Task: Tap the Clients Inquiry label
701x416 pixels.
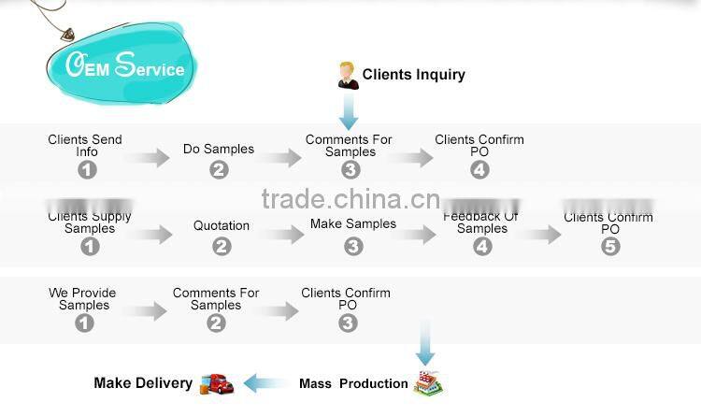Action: coord(413,75)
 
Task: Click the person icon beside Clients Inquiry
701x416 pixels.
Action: coord(348,75)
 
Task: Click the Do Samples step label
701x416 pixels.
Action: coord(218,149)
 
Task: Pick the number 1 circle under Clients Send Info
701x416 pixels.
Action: coord(87,170)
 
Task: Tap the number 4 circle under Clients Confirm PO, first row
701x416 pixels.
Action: coord(479,170)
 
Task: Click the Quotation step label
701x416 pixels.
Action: coord(222,225)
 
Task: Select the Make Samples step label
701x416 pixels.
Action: coord(353,224)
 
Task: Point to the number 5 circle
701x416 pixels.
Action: coord(610,247)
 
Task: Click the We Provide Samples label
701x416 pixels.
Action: coord(83,298)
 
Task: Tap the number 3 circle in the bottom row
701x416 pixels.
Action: coord(348,323)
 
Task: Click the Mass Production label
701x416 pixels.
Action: coord(353,383)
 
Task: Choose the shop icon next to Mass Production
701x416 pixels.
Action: coord(428,382)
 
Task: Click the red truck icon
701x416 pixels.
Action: coord(217,382)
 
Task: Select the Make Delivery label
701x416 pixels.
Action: coord(143,382)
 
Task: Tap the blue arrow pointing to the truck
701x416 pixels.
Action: coord(265,383)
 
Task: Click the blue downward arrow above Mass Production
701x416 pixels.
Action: coord(425,345)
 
